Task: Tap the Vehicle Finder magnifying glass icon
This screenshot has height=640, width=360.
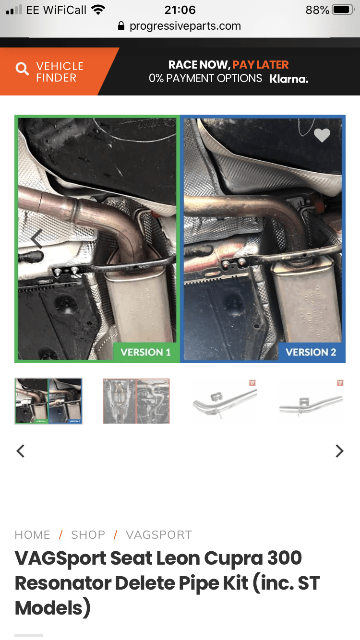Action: point(22,69)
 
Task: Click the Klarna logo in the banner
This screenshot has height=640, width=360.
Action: point(289,79)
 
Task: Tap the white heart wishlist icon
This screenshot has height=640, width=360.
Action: point(322,135)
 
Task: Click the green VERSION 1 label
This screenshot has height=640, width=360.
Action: point(145,352)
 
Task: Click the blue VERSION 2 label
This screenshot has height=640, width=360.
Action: point(311,352)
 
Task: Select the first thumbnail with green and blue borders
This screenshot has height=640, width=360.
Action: point(48,401)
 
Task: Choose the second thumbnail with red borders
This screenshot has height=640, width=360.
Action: point(136,401)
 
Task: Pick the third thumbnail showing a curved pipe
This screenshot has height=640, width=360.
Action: point(224,401)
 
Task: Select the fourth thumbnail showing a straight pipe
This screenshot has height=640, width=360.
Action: point(312,401)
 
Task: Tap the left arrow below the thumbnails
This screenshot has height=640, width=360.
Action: point(20,451)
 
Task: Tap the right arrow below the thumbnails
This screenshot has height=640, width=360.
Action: point(339,451)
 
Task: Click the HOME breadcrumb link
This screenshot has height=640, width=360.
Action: point(33,535)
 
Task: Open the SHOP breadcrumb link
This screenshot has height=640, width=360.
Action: point(88,535)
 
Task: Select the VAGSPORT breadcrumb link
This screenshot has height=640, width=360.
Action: point(159,535)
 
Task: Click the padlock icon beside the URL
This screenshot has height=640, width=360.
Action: point(121,26)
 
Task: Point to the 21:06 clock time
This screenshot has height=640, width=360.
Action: point(180,10)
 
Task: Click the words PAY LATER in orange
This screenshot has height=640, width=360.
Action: point(261,65)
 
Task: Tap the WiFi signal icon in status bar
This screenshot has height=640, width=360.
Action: point(98,10)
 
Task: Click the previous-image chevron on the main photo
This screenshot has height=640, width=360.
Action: point(37,239)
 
